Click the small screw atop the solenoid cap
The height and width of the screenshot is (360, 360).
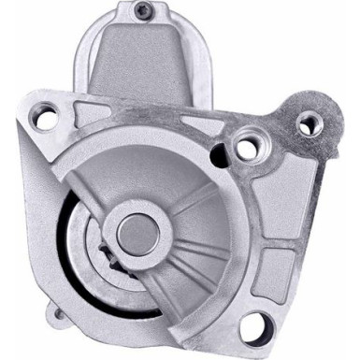tap(143, 11)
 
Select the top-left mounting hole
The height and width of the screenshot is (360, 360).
tap(45, 120)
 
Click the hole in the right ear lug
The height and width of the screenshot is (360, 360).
tap(308, 122)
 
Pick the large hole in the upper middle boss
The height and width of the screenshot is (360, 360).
tap(246, 148)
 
